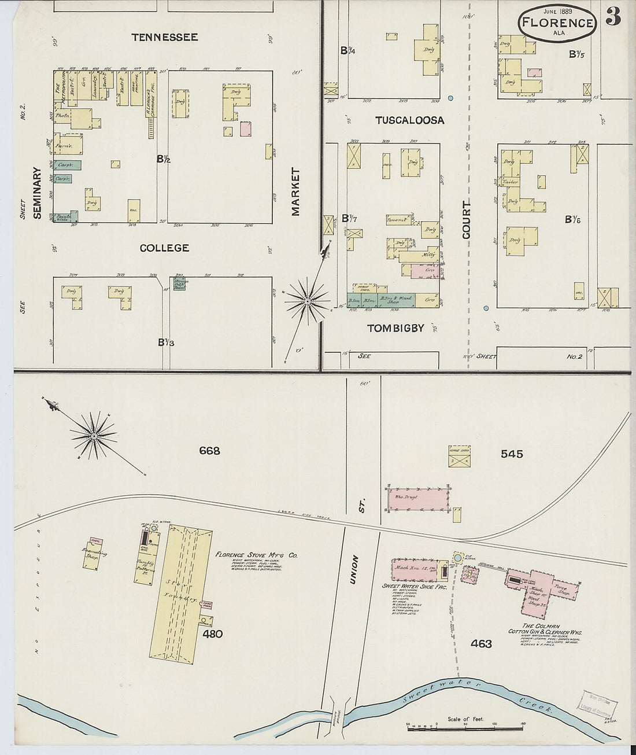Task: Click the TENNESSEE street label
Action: point(164,38)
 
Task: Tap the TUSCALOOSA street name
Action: point(409,120)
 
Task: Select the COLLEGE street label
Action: point(164,248)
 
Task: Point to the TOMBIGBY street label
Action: point(395,328)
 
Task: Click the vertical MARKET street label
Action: point(296,192)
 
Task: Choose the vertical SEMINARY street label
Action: point(38,193)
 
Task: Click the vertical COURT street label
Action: point(467,220)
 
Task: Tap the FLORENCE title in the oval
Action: point(557,23)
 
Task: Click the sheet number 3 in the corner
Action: point(613,17)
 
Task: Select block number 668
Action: point(209,451)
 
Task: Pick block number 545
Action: point(512,454)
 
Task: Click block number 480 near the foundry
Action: point(212,634)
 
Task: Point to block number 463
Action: point(481,643)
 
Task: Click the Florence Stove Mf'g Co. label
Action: point(256,555)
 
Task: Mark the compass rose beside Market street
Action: point(307,301)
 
